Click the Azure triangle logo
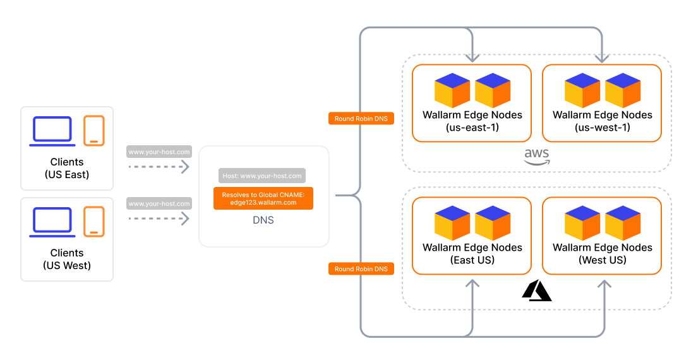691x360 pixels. (536, 291)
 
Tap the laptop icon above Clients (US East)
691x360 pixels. (53, 131)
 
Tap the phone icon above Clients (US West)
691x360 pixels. (94, 222)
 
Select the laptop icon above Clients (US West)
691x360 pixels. (53, 222)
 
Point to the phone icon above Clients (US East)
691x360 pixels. (94, 131)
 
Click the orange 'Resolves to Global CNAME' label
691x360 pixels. (263, 199)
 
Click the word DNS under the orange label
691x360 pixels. (263, 220)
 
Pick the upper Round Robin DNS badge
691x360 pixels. (361, 118)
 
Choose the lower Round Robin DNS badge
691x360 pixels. (361, 269)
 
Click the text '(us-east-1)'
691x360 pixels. (472, 127)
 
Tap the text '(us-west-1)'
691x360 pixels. (602, 127)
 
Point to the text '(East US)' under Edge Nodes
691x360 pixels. (472, 260)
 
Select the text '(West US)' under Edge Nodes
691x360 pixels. (602, 260)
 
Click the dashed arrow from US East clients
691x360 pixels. (159, 167)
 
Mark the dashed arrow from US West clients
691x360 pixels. (159, 219)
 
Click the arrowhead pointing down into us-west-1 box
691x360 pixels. (603, 57)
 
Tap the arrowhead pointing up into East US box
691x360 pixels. (472, 285)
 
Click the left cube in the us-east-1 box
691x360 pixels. (452, 90)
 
